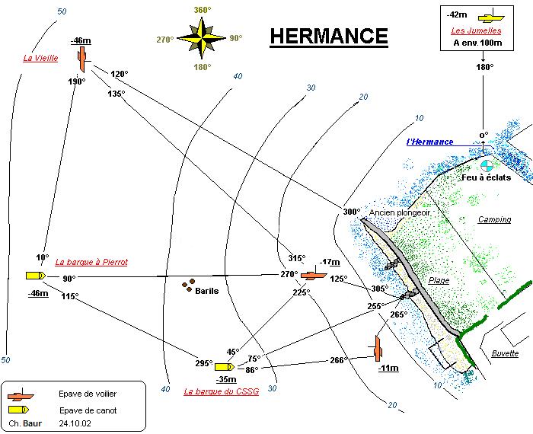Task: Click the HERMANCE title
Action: click(328, 37)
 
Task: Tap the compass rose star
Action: click(202, 39)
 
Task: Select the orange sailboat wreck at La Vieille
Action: click(81, 58)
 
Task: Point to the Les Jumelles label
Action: click(475, 31)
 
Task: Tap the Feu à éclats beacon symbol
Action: click(487, 164)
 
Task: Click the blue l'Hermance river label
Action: click(430, 142)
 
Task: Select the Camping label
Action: click(494, 220)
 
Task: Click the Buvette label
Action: click(505, 354)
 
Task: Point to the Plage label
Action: click(439, 280)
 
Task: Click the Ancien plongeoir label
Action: click(400, 212)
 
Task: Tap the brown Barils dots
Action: click(187, 286)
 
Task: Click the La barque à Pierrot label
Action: click(91, 262)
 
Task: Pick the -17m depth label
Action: click(330, 262)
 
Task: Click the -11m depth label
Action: click(388, 369)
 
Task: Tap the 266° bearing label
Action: click(339, 360)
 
